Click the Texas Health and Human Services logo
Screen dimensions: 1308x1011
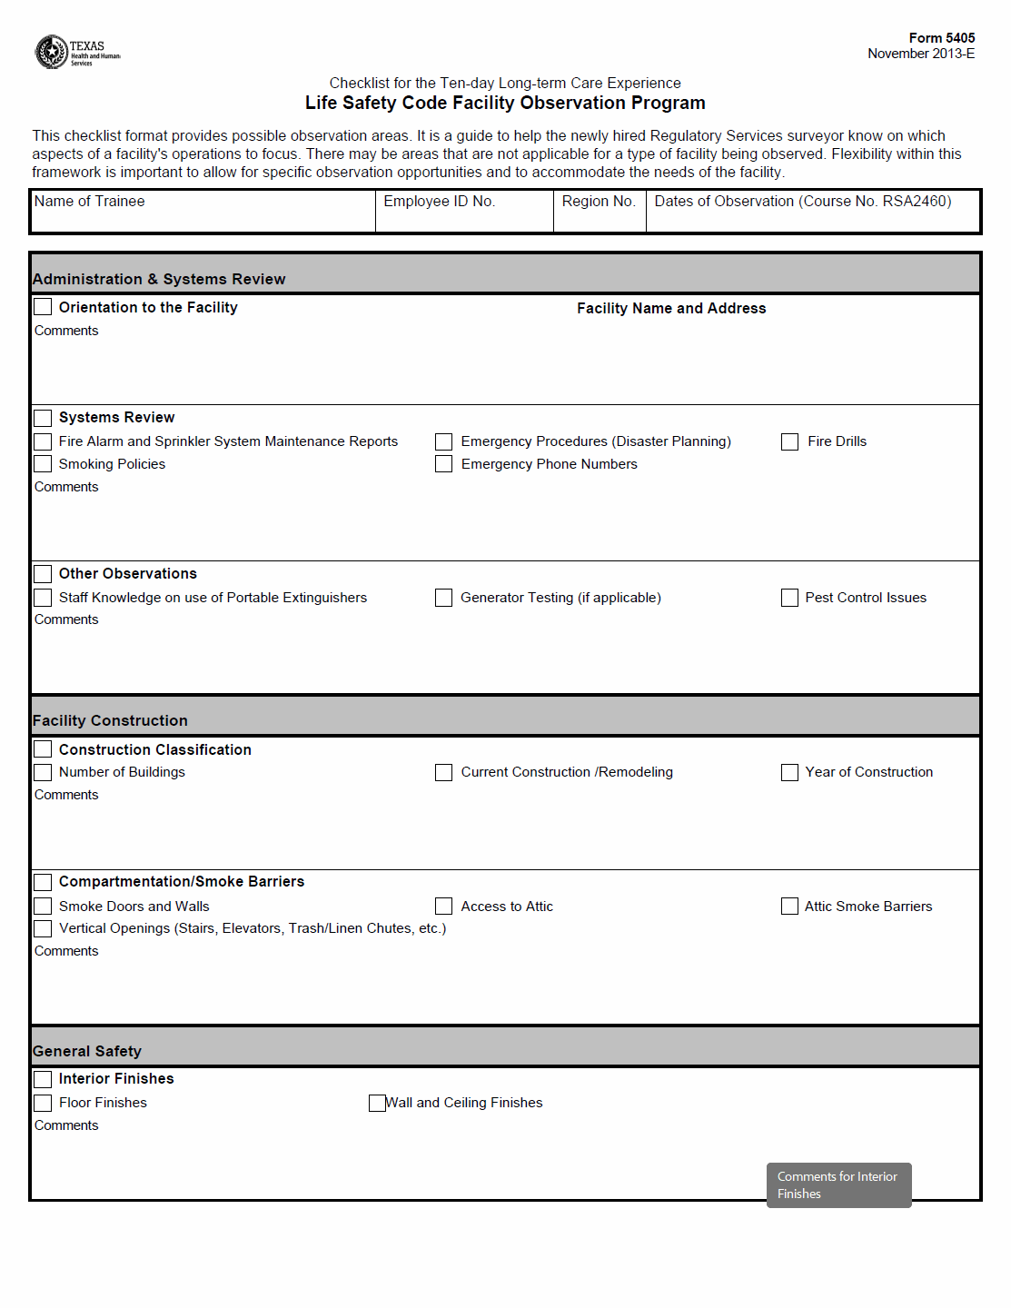76,52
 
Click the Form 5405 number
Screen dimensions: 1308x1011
941,38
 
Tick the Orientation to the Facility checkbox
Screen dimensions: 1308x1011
43,307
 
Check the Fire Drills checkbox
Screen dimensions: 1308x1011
790,441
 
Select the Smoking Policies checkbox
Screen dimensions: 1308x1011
43,464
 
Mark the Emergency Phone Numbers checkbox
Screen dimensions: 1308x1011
443,464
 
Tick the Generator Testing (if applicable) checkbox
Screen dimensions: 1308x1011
443,598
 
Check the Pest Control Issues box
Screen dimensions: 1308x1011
790,598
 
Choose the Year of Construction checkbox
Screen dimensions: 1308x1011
790,772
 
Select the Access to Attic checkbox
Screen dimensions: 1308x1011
443,907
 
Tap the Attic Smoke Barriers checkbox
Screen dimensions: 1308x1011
790,907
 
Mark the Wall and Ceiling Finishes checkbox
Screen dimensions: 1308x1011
377,1103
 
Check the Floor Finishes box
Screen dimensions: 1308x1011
43,1103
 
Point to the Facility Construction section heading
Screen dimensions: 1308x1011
110,720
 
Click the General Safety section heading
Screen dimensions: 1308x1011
87,1051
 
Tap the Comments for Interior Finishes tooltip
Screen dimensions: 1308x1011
838,1185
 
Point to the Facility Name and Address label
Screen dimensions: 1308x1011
671,309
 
